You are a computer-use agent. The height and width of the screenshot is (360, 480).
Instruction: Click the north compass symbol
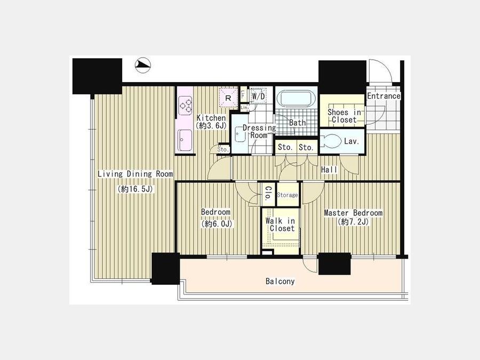click(142, 65)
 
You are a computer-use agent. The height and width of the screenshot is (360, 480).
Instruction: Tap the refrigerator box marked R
click(228, 98)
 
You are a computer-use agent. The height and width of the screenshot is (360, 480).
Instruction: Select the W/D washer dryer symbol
click(258, 96)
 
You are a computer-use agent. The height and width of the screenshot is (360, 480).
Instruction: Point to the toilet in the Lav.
click(331, 141)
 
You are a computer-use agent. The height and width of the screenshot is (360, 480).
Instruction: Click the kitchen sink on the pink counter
click(185, 140)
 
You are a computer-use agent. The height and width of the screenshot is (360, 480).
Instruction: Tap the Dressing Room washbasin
click(239, 134)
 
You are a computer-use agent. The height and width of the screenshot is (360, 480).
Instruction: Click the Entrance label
click(383, 96)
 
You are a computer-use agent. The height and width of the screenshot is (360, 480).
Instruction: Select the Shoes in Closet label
click(345, 116)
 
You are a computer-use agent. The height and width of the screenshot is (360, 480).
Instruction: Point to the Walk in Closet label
click(281, 225)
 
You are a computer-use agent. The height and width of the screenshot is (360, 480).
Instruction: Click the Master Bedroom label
click(353, 212)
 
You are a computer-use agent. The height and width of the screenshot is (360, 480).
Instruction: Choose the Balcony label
click(280, 281)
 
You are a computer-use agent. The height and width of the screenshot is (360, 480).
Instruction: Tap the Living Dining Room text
click(135, 174)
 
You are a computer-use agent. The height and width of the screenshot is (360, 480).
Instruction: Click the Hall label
click(329, 170)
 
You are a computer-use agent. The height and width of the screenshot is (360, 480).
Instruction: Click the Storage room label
click(287, 195)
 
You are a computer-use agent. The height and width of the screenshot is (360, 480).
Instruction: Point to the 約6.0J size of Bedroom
click(217, 224)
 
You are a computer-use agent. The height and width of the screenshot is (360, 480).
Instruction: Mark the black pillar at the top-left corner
click(97, 76)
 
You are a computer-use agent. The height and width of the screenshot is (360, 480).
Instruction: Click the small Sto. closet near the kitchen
click(223, 149)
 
